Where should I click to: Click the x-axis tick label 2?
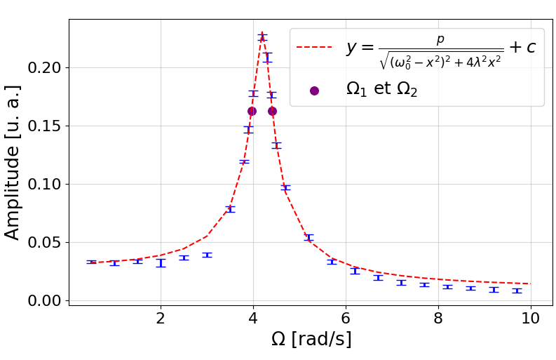(x=161, y=317)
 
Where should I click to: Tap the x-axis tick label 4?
(x=253, y=317)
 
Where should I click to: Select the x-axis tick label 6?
(x=346, y=317)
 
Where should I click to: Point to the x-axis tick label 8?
(x=438, y=317)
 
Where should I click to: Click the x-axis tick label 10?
(x=531, y=317)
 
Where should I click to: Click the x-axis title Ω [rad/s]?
(x=311, y=340)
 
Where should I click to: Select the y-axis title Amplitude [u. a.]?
(x=13, y=162)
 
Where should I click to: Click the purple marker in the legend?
(x=314, y=91)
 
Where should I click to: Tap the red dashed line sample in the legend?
(x=313, y=48)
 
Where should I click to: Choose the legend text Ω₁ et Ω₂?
(x=381, y=90)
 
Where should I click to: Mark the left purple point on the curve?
(x=252, y=111)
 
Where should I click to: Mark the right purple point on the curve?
(x=272, y=111)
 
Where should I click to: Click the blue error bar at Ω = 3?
(x=207, y=255)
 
